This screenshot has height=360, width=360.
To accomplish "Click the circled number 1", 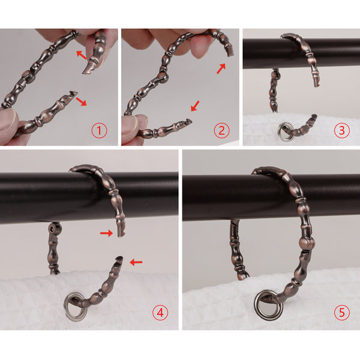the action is click(99, 130).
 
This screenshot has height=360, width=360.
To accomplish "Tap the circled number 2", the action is click(221, 130).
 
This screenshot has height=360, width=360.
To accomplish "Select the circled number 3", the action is click(341, 130).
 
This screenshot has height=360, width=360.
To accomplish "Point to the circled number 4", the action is click(160, 313).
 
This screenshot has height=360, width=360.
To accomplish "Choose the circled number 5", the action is click(341, 313).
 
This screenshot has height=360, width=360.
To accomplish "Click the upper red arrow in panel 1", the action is click(82, 55).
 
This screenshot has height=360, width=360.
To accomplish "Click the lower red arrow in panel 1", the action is click(81, 101).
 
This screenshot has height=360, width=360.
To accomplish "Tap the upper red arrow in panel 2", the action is click(221, 68).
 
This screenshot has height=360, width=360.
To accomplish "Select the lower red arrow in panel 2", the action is click(196, 106).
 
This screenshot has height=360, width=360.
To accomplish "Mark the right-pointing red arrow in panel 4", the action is click(107, 233).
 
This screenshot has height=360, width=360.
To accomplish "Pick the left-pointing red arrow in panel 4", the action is click(136, 262).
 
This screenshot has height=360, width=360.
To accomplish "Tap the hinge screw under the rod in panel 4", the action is click(52, 229).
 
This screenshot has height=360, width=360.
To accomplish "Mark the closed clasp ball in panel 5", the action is click(307, 244).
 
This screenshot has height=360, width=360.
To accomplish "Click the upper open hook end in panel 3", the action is click(316, 83).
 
